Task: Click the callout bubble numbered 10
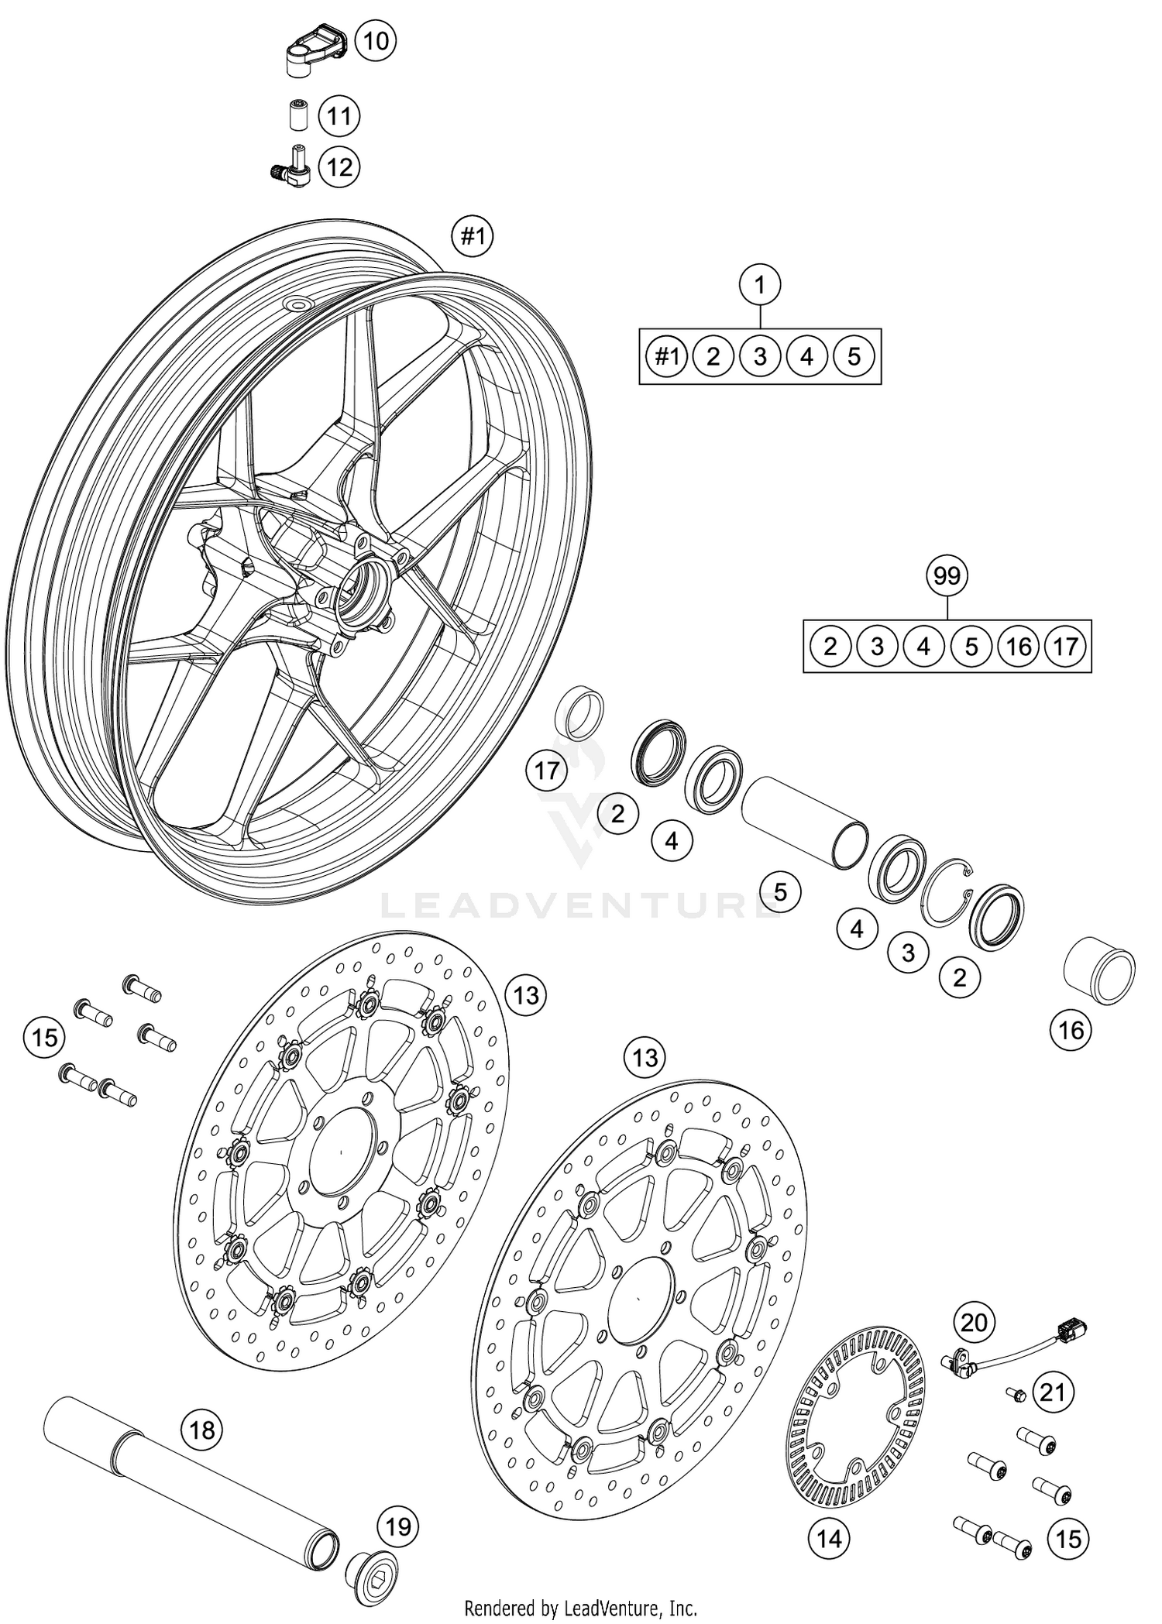[375, 40]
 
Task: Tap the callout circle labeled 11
[339, 117]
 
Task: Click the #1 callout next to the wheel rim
[473, 236]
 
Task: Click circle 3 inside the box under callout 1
[760, 356]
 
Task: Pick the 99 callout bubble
[947, 576]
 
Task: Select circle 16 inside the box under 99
[1019, 646]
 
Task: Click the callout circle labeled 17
[547, 771]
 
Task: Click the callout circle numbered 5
[780, 892]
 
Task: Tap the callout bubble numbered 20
[974, 1321]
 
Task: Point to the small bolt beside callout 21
[1015, 1394]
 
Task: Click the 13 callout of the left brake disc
[526, 995]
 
